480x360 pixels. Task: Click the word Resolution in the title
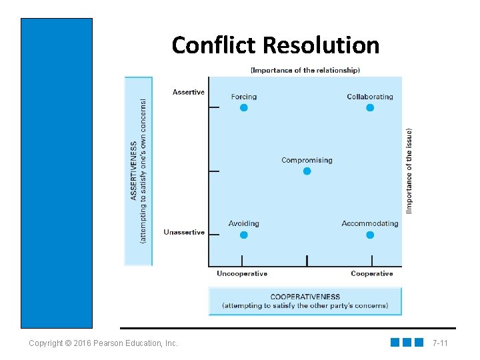[321, 45]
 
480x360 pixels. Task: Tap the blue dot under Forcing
[244, 107]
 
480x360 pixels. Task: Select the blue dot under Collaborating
[370, 107]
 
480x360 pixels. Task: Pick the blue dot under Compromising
[307, 171]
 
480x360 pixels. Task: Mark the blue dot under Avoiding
[244, 235]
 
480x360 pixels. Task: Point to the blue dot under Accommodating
[370, 235]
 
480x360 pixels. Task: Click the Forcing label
[243, 97]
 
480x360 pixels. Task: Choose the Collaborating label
[370, 97]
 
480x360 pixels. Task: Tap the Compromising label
[307, 160]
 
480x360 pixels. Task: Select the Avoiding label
[243, 223]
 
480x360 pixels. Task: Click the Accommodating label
[370, 223]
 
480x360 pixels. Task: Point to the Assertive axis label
[189, 92]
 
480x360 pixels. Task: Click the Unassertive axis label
[184, 232]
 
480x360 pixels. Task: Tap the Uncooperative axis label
[242, 273]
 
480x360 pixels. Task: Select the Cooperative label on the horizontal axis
[372, 273]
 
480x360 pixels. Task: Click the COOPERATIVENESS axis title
[305, 297]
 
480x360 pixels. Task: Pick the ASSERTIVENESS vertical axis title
[134, 170]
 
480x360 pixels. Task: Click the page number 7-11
[440, 343]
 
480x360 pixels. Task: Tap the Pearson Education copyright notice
[103, 343]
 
